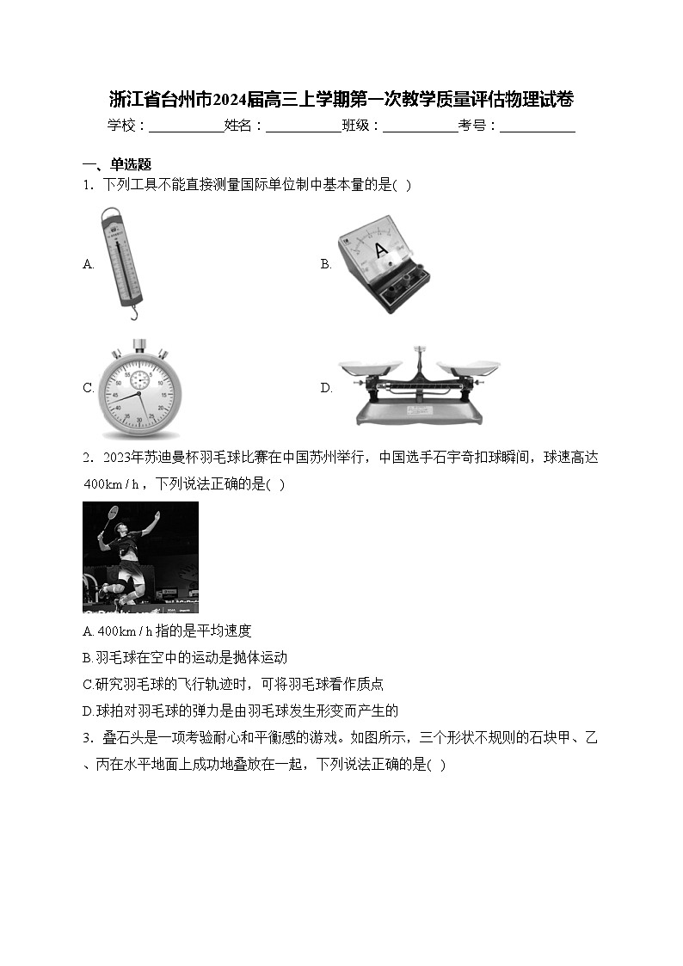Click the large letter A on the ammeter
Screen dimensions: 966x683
(x=381, y=250)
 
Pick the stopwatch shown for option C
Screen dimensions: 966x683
(x=138, y=389)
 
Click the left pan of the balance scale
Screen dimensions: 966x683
(x=368, y=367)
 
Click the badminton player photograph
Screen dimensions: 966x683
(x=140, y=557)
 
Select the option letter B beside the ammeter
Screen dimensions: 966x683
(x=326, y=264)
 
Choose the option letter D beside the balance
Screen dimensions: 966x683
(x=326, y=388)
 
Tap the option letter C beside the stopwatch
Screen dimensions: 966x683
(x=88, y=388)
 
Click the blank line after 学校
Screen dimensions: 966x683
(x=187, y=126)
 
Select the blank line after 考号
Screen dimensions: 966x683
(x=537, y=126)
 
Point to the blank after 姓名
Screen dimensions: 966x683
(x=303, y=126)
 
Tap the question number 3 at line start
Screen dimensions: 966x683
(x=87, y=738)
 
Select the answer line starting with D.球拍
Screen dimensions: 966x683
(x=240, y=711)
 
